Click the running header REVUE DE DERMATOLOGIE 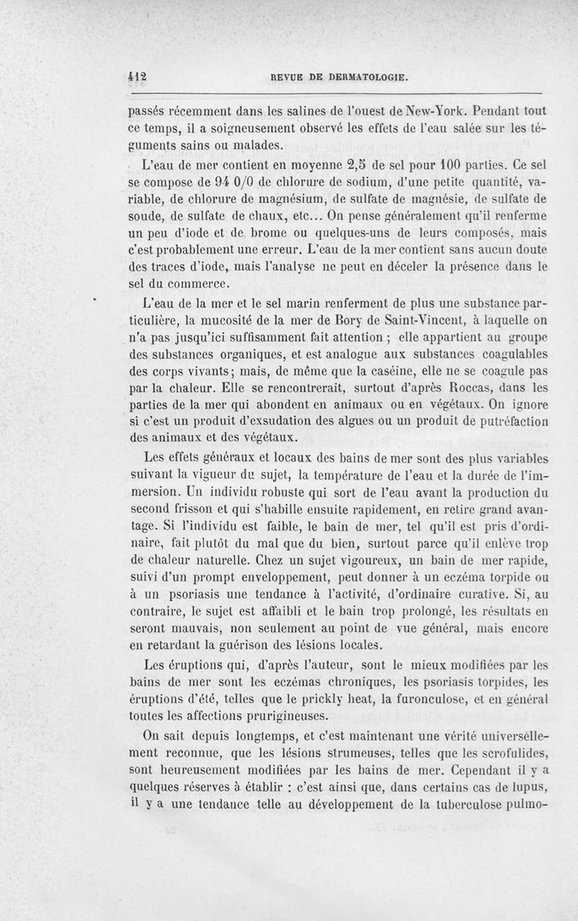point(338,76)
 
